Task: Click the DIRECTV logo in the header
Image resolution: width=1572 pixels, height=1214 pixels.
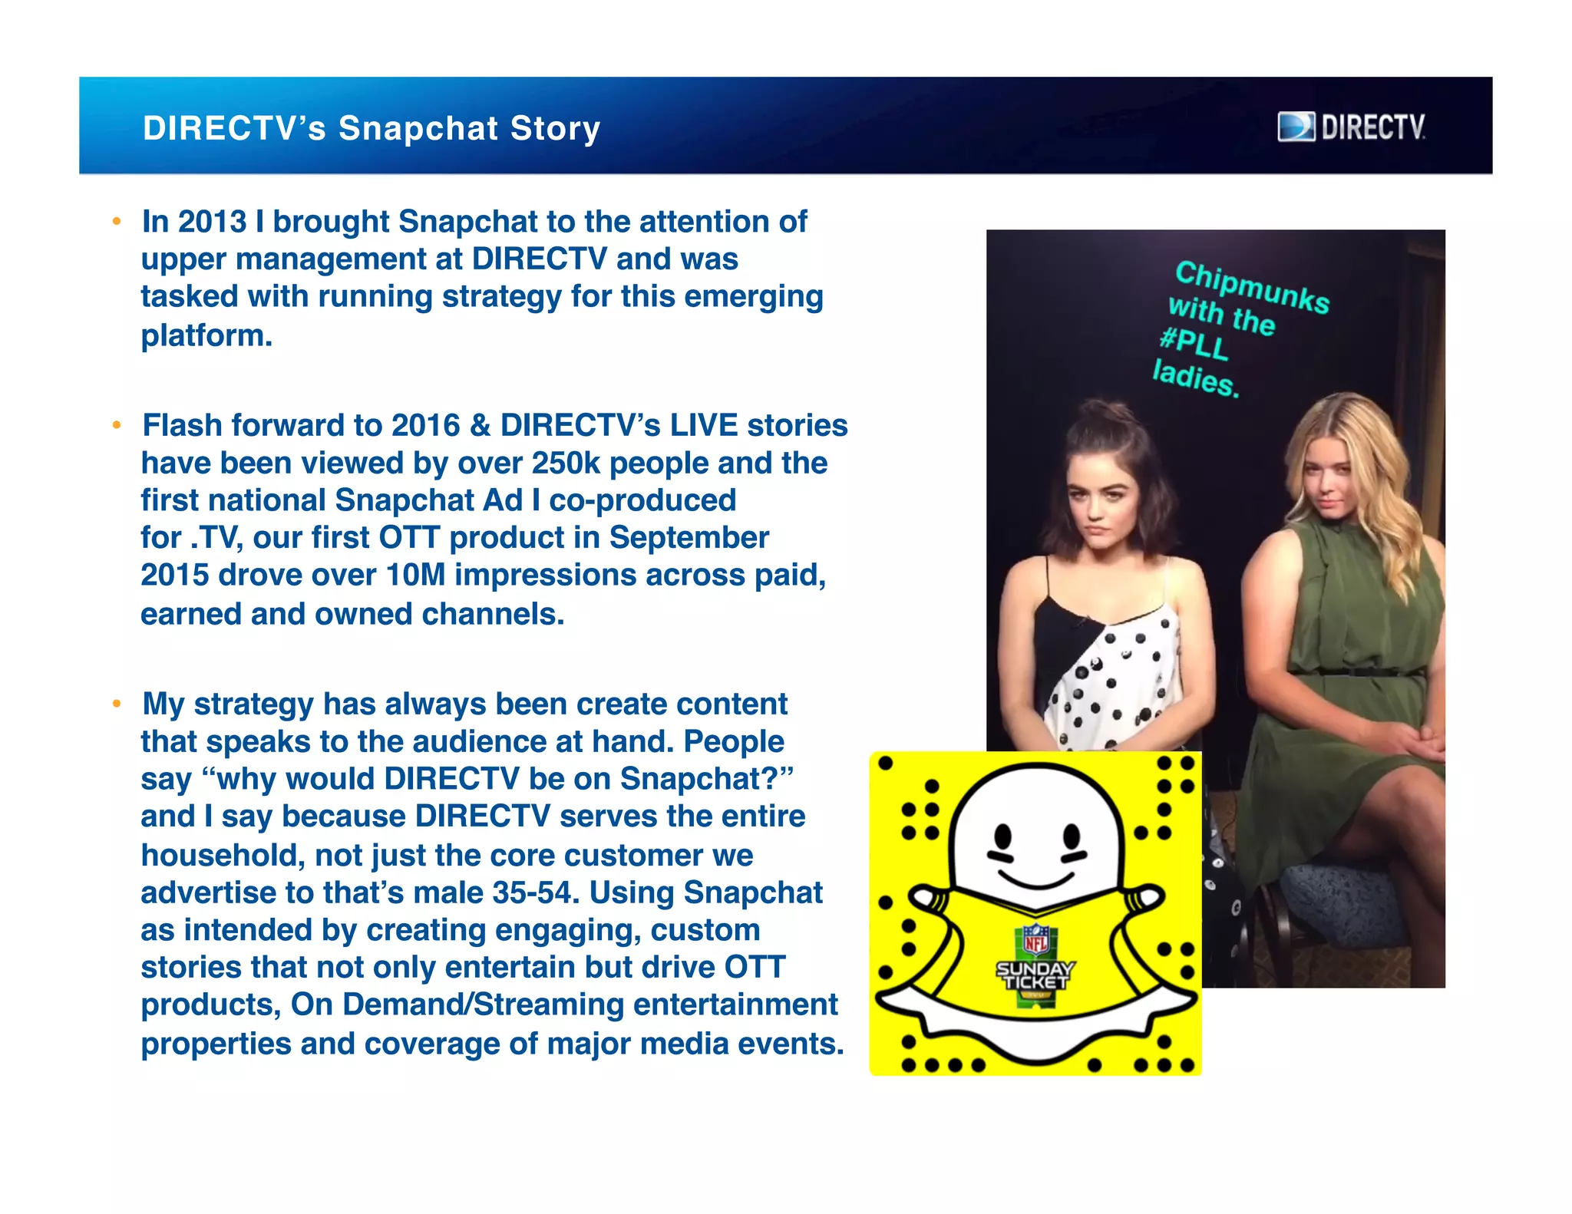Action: coord(1351,127)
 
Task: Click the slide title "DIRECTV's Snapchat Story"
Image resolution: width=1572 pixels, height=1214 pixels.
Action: coord(372,128)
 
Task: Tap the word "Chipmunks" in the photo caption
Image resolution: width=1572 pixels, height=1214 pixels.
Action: coord(1252,287)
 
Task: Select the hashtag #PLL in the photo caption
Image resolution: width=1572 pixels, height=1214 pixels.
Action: coord(1194,342)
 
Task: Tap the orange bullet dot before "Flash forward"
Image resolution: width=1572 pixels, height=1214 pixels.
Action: coord(117,425)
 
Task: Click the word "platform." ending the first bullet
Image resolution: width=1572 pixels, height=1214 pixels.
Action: coord(206,335)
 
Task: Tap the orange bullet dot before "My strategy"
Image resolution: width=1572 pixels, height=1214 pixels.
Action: coord(117,704)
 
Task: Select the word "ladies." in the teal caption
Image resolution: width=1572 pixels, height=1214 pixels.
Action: coord(1196,378)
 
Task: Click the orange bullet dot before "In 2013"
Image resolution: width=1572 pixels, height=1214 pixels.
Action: coord(117,222)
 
